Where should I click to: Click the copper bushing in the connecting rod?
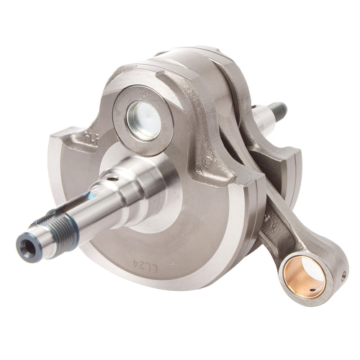pyautogui.click(x=302, y=269)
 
